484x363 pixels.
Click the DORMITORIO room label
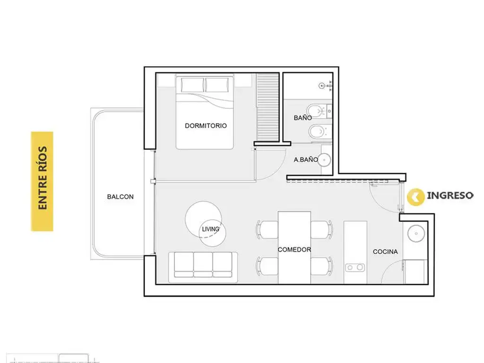click(x=206, y=126)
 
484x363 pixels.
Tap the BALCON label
click(x=120, y=197)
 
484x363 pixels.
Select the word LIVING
click(x=210, y=229)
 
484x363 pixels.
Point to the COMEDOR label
click(x=294, y=250)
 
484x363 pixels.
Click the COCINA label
click(x=385, y=251)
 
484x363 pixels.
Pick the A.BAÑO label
click(x=306, y=160)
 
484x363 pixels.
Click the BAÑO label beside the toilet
click(x=302, y=118)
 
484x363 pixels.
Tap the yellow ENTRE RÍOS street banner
click(x=42, y=181)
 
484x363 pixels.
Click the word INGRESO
click(x=450, y=195)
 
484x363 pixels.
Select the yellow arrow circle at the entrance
click(x=415, y=197)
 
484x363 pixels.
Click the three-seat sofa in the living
click(x=203, y=268)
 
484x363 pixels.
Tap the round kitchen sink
click(x=416, y=233)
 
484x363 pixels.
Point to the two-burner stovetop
click(x=355, y=268)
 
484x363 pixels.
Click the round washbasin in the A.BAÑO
click(x=324, y=160)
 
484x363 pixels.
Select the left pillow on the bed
click(x=193, y=85)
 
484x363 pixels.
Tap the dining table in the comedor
click(x=294, y=247)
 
